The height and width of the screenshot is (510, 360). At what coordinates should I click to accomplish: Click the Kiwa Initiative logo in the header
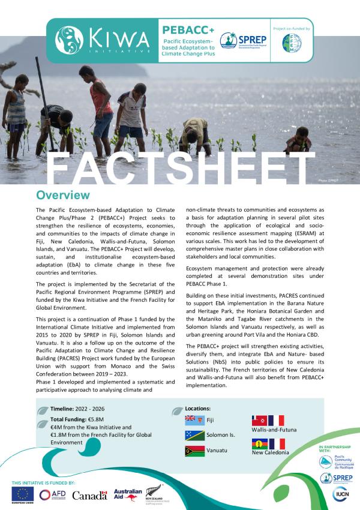102,39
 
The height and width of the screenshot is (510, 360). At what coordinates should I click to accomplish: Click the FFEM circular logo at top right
292,43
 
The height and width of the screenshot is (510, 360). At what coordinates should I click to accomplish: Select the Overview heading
63,196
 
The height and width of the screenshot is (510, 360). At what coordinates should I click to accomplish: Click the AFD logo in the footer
53,495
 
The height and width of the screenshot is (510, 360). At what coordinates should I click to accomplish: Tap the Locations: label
197,408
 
